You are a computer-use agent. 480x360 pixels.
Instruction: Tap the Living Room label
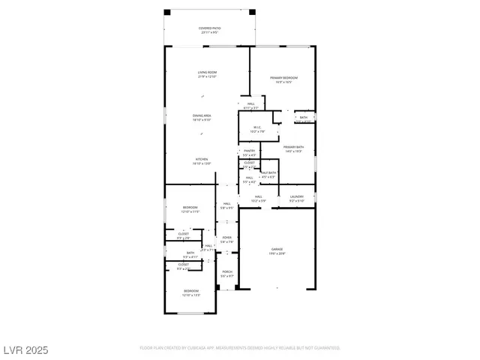pos(207,75)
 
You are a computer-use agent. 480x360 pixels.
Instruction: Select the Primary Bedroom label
pos(284,79)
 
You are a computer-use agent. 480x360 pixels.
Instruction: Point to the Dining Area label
pos(202,118)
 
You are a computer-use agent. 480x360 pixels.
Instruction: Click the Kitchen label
pos(202,161)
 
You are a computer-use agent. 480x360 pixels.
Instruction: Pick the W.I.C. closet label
pos(257,129)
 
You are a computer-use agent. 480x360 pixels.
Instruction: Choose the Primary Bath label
pos(293,149)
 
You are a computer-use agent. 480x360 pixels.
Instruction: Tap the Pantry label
pos(249,153)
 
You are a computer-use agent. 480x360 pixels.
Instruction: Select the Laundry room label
pos(297,199)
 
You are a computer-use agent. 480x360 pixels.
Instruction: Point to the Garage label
pos(278,251)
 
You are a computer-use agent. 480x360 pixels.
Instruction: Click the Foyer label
pos(226,240)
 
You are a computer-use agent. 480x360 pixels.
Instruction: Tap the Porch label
pos(226,274)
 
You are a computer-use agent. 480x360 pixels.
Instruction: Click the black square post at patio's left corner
pos(167,12)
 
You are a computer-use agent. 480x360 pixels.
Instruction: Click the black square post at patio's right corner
pos(253,12)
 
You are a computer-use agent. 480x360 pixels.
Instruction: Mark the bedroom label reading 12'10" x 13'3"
pos(191,292)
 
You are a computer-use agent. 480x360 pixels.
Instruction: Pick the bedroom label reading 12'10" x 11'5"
pos(190,209)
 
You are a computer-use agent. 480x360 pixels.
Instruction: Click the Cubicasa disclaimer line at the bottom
pos(240,348)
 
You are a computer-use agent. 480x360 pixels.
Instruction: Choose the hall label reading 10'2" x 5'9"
pos(257,199)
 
